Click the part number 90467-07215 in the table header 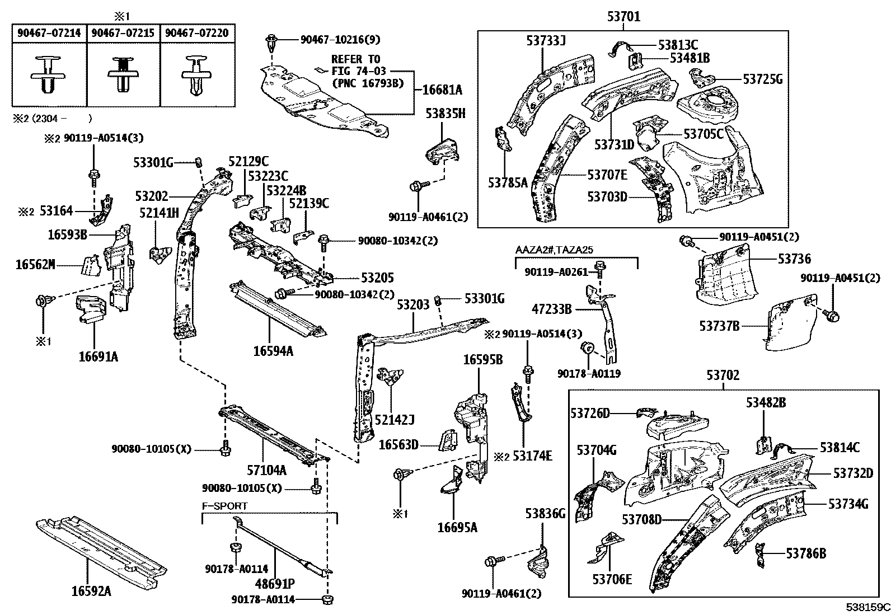(123, 32)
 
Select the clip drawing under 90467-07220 (196, 75)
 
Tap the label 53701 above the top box (623, 16)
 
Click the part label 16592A (91, 591)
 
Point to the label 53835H (445, 114)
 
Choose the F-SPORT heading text (225, 506)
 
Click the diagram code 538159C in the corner (867, 607)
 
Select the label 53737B (719, 326)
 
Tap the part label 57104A (266, 470)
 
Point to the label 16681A (442, 90)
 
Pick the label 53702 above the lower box (723, 375)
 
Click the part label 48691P (275, 584)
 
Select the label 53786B (806, 553)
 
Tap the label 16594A (273, 351)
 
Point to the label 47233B (552, 309)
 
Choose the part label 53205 (377, 278)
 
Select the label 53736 (794, 259)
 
